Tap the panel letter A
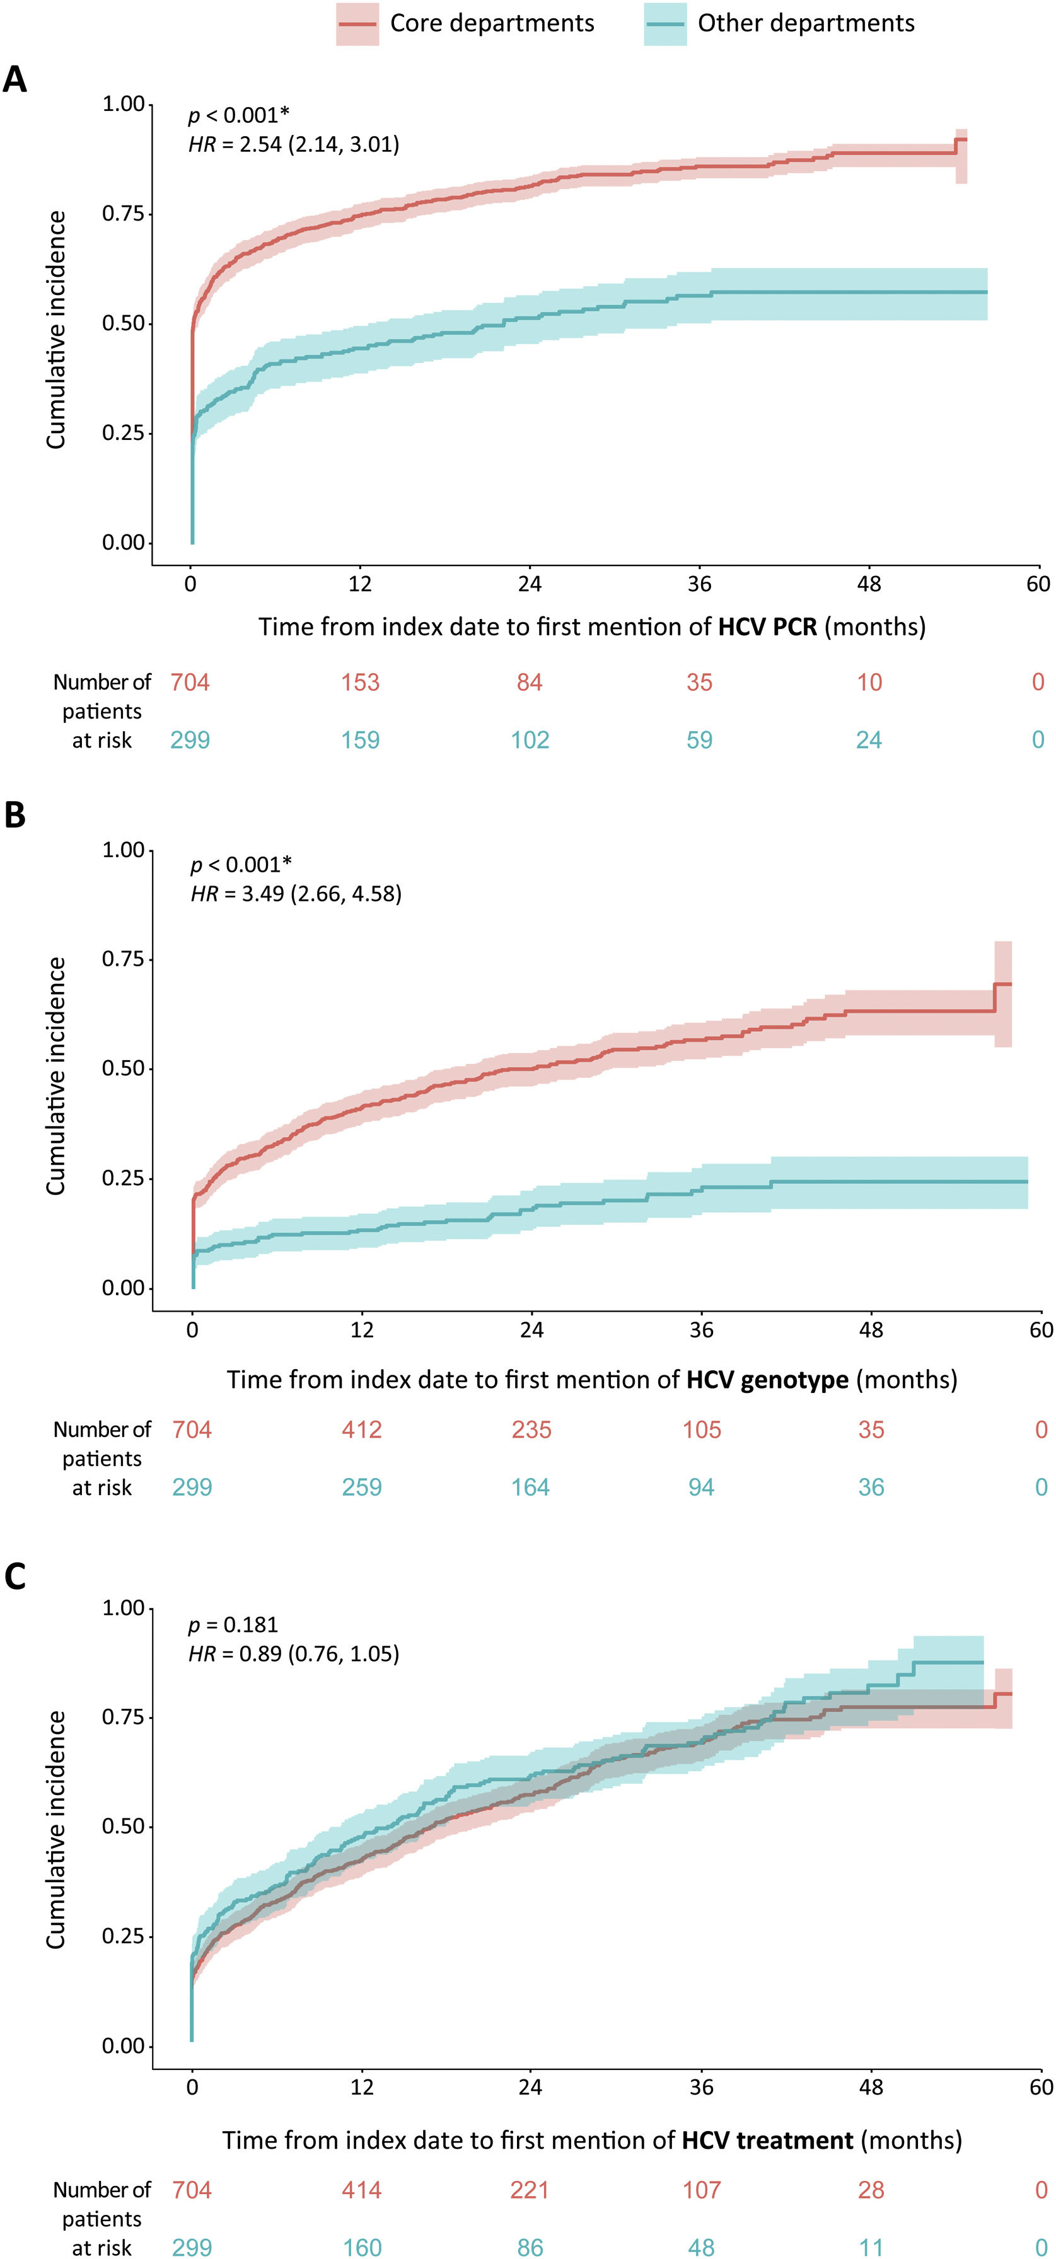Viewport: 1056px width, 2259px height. click(15, 81)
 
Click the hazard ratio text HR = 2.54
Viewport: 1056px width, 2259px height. click(294, 144)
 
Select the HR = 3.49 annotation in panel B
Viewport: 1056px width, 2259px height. click(296, 894)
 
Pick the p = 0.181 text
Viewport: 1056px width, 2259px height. click(233, 1624)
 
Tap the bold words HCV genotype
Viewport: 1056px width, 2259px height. click(767, 1380)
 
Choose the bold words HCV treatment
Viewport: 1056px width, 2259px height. click(767, 2140)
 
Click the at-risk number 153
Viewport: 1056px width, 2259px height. click(361, 682)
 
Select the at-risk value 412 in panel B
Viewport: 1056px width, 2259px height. click(361, 1430)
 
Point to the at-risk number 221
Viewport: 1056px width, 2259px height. click(530, 2190)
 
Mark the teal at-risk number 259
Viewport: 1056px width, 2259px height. click(361, 1488)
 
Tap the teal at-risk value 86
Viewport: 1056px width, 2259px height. click(530, 2247)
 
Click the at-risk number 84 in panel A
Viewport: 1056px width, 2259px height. click(530, 682)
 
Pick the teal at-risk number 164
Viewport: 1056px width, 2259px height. click(531, 1488)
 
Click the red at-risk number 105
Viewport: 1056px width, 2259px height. click(702, 1430)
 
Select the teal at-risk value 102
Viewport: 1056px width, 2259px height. click(530, 740)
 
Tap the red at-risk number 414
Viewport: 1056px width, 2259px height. click(361, 2190)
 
